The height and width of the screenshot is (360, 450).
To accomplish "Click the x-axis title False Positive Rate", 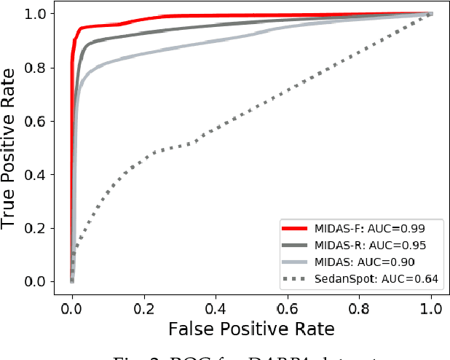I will (251, 329).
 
